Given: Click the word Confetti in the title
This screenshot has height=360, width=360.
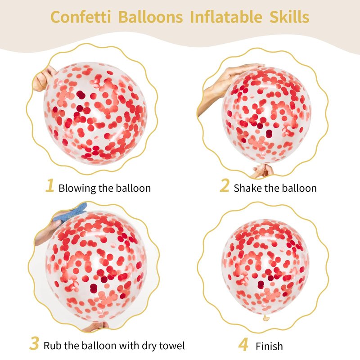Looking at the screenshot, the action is click(x=81, y=17).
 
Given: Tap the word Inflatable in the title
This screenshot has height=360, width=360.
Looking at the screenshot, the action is click(x=226, y=17).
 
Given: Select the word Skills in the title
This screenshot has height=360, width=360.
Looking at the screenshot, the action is click(x=289, y=17).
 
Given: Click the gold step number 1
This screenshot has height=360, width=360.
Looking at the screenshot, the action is click(x=50, y=185).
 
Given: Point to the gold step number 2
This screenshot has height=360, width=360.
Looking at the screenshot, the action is click(x=224, y=185).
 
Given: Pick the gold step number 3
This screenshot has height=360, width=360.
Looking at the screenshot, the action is click(x=34, y=343).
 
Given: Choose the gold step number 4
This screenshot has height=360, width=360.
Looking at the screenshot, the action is click(x=243, y=344).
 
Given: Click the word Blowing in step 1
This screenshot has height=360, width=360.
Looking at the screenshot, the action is click(x=77, y=189).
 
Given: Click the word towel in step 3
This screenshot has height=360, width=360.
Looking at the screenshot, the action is click(x=172, y=345).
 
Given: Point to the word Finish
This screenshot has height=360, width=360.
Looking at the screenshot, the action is click(x=269, y=346).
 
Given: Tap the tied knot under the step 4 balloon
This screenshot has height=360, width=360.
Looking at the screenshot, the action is click(x=266, y=318).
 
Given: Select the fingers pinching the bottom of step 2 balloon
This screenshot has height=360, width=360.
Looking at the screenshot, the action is click(x=262, y=171).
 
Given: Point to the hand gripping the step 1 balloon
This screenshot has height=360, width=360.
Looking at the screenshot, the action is click(x=43, y=78).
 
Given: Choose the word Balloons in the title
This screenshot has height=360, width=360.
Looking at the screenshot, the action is click(x=151, y=17).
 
